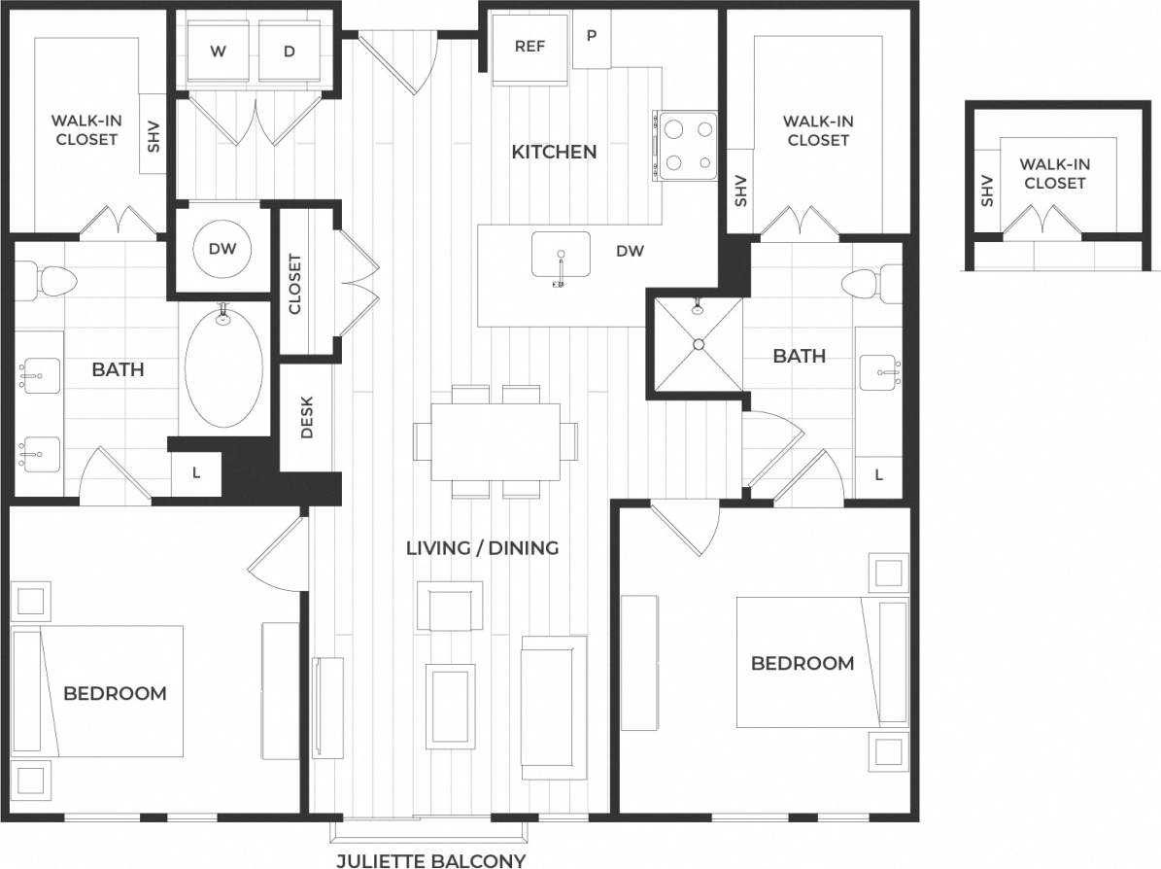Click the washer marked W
(218, 52)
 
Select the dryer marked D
(289, 52)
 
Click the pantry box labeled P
(591, 37)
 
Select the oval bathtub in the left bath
(223, 367)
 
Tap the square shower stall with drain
(696, 346)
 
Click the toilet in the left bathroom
(52, 281)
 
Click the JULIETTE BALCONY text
(430, 860)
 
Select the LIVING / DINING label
(482, 548)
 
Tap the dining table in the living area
(495, 441)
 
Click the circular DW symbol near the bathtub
(222, 249)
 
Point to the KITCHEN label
(554, 152)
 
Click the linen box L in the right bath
(879, 475)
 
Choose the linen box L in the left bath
(196, 473)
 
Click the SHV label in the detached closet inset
(988, 191)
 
